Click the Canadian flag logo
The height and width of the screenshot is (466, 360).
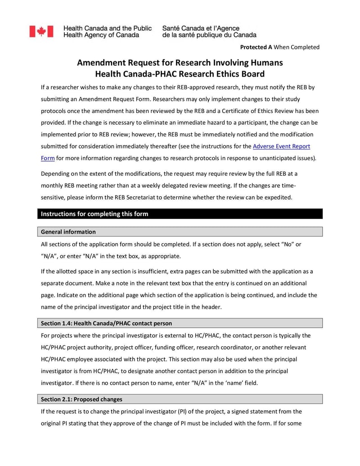point(41,32)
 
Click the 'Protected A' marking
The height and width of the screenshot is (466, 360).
point(256,47)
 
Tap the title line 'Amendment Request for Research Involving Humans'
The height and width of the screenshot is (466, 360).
point(180,63)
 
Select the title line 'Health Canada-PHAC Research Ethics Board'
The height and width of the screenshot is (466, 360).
point(180,74)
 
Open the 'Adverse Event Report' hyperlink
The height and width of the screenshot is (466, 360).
point(281,146)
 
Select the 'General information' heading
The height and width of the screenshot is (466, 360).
point(68,232)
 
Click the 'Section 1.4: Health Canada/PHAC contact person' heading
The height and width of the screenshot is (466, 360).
point(106,323)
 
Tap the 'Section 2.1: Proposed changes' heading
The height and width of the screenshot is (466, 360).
point(81,399)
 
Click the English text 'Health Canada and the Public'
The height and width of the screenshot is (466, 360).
point(108,28)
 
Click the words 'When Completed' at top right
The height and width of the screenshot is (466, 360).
point(297,47)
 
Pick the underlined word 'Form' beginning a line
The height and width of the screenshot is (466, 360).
point(48,158)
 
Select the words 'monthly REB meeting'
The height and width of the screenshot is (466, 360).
point(72,185)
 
